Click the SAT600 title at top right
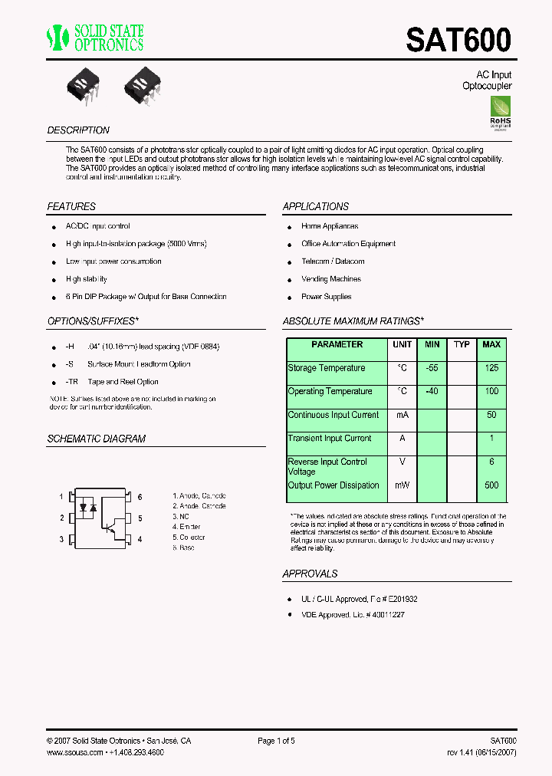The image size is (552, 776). tap(458, 40)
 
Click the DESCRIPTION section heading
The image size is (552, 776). tap(78, 130)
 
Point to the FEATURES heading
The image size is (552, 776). tap(71, 207)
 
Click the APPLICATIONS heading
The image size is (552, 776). tap(315, 207)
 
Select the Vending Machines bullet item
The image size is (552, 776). tap(330, 279)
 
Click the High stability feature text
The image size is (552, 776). tap(87, 279)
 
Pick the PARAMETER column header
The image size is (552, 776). tap(337, 345)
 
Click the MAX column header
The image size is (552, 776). tap(491, 345)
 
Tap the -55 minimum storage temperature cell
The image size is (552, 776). tap(432, 368)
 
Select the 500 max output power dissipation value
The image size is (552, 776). tap(491, 485)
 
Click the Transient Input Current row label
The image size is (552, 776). tap(329, 439)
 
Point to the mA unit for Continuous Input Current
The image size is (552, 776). tap(402, 415)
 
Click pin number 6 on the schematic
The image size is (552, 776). tap(140, 497)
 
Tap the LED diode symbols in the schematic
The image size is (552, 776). tap(87, 508)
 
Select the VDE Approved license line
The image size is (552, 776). tap(353, 615)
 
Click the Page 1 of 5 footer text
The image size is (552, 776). tap(276, 741)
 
